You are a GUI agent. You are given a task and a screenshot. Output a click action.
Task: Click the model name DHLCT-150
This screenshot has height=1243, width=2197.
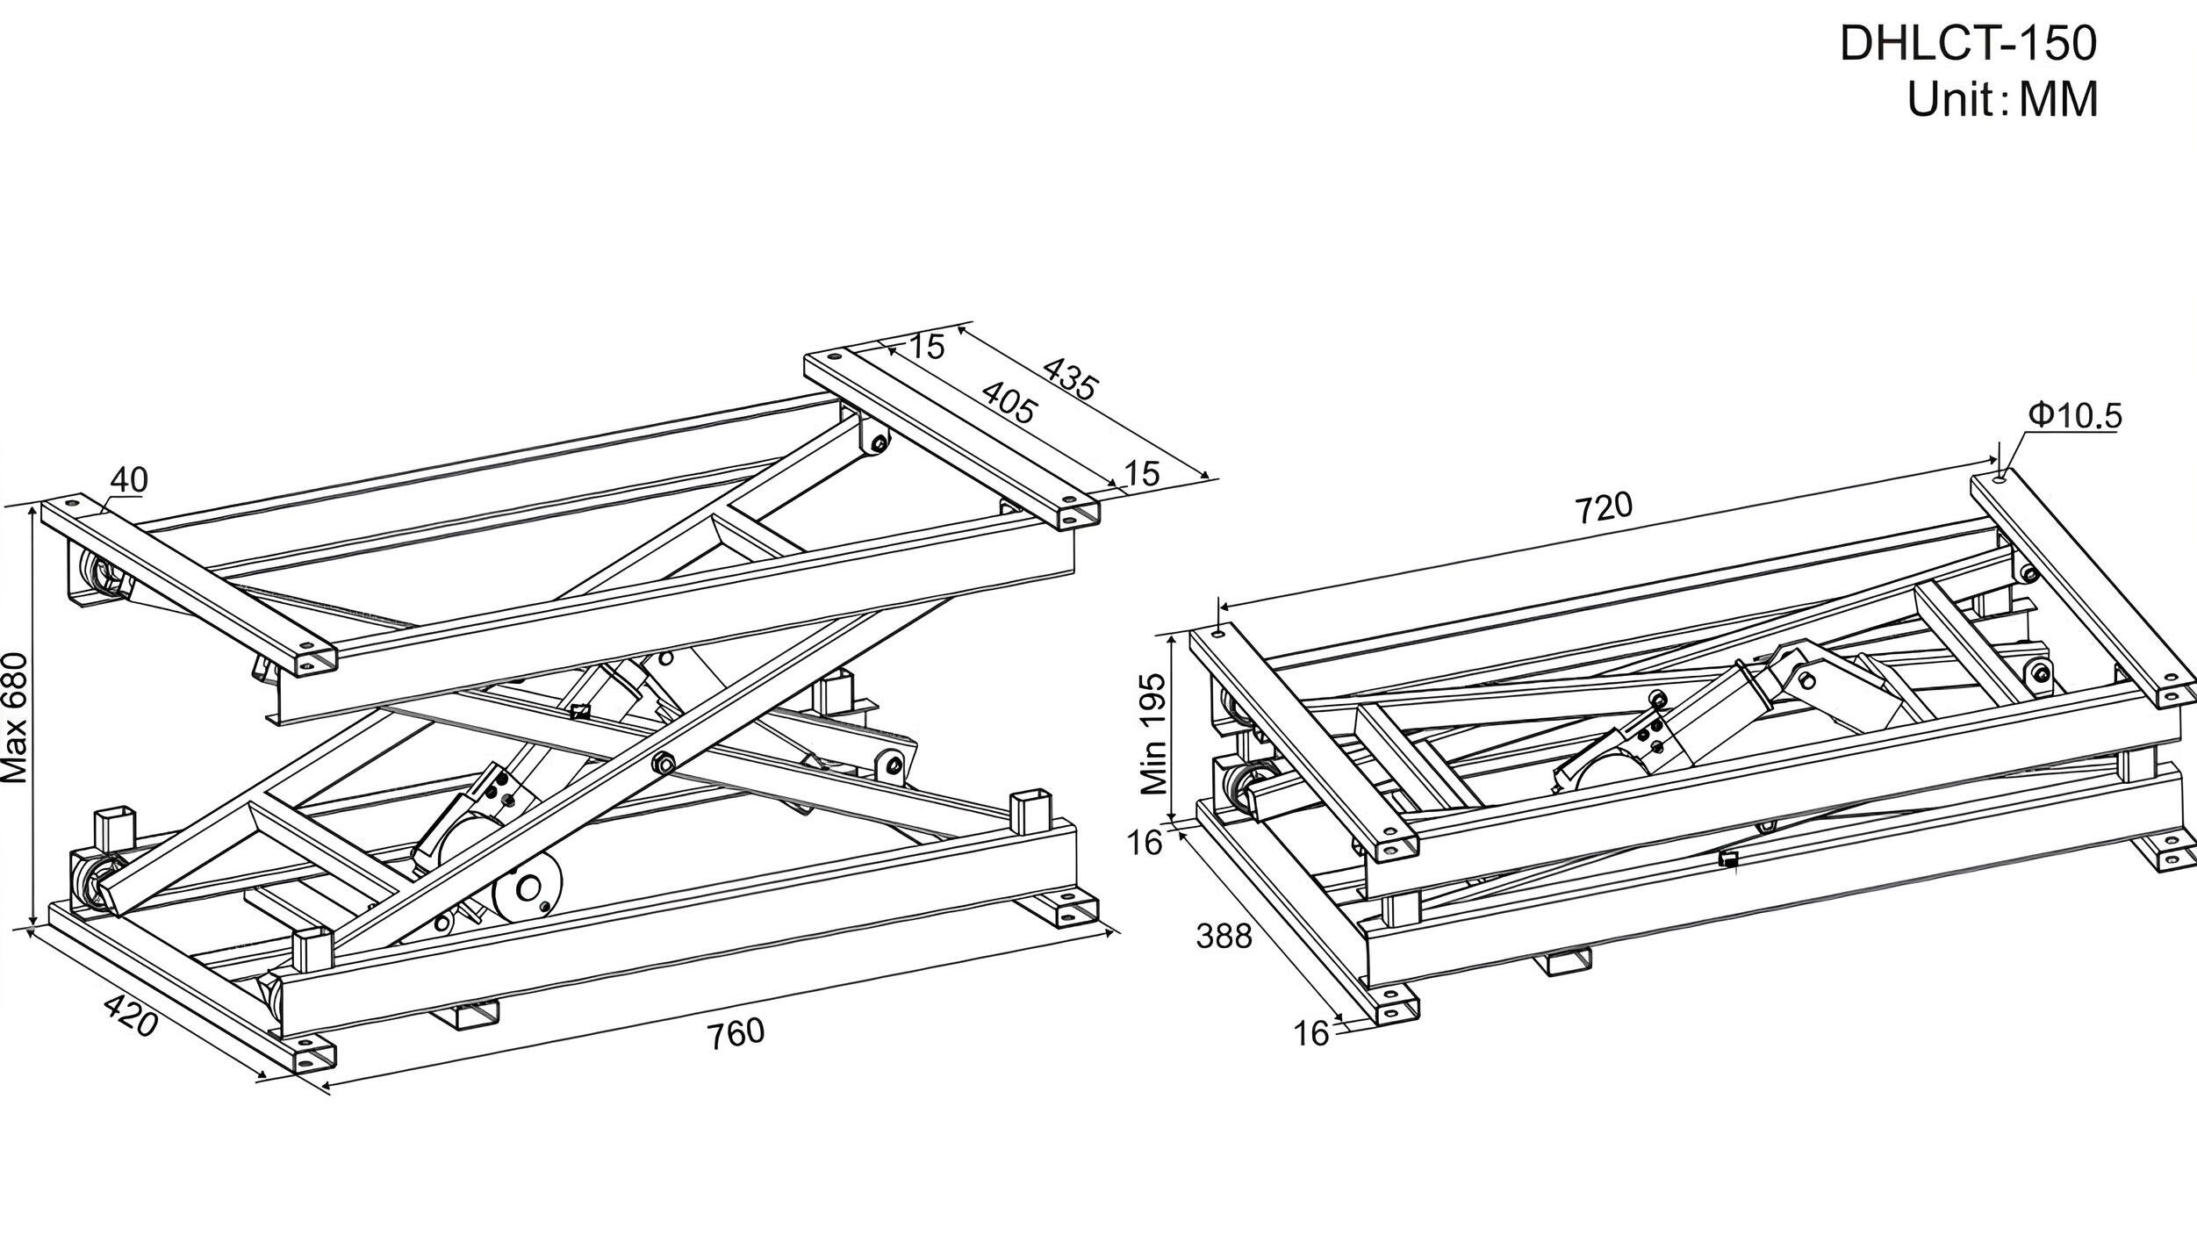1967,43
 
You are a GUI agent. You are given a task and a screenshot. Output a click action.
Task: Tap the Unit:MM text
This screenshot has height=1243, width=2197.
2002,99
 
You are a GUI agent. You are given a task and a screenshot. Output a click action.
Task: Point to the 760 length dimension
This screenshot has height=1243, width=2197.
736,1033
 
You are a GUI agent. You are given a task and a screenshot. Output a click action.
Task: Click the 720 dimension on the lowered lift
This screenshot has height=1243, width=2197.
1604,508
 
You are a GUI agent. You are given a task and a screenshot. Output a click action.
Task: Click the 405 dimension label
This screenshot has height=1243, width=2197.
1009,403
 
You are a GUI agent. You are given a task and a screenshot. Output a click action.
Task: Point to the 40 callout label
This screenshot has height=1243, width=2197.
129,479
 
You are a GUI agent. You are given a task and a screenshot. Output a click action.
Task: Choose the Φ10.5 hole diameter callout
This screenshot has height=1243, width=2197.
2074,415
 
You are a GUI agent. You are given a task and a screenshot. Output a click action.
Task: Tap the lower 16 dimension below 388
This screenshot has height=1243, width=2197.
1311,1035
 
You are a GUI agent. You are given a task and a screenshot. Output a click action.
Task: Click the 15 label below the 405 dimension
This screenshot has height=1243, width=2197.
1142,474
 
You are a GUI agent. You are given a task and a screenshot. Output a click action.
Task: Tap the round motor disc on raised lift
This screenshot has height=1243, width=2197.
528,889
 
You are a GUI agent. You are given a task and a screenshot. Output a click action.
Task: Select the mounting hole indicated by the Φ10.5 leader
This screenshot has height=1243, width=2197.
2000,478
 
